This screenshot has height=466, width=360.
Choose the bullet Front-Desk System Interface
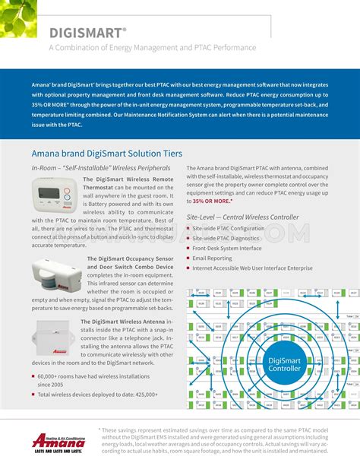226,248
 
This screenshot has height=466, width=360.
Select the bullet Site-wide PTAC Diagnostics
226,238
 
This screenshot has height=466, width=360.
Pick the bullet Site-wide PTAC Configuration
228,228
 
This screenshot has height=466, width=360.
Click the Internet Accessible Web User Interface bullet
252,268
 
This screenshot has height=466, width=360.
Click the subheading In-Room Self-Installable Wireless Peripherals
100,167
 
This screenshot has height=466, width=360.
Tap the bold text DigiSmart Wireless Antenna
125,322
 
